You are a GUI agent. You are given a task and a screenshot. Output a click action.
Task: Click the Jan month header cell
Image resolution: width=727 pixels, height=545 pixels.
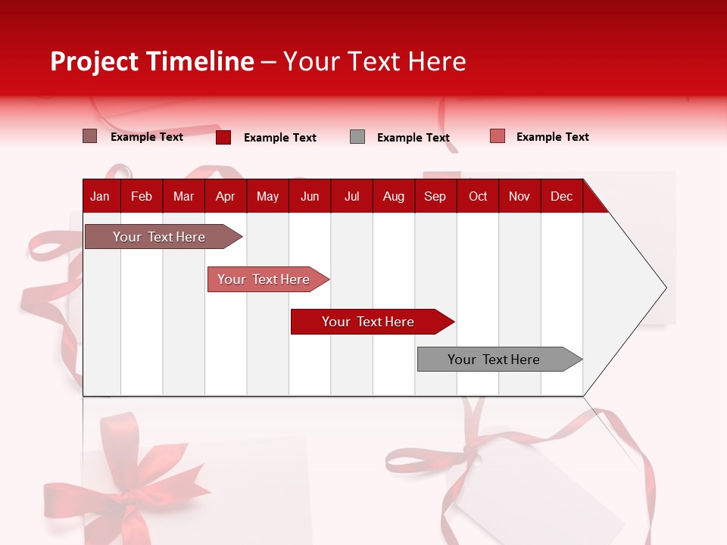(x=101, y=196)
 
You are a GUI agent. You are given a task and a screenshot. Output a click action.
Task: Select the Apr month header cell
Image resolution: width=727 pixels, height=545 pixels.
(x=226, y=196)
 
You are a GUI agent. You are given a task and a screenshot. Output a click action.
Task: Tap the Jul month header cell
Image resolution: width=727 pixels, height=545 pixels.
(x=351, y=196)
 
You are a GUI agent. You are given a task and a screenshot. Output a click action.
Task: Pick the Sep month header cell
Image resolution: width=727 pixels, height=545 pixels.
(x=435, y=196)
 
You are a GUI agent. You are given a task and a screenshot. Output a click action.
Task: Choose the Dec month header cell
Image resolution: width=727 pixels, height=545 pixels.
(x=561, y=196)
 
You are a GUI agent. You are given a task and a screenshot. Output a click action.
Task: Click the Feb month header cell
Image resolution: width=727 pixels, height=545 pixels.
(x=142, y=196)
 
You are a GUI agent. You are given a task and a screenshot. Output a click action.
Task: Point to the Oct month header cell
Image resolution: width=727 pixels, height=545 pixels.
(x=478, y=196)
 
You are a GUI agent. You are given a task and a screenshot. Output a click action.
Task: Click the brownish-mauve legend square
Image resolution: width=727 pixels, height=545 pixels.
(x=90, y=136)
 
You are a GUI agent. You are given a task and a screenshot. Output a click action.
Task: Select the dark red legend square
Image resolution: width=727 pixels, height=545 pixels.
(x=223, y=137)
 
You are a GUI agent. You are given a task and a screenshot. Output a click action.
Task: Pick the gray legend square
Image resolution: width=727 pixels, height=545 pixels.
(x=357, y=137)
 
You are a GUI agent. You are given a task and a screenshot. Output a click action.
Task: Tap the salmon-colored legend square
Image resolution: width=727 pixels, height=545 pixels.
(x=498, y=136)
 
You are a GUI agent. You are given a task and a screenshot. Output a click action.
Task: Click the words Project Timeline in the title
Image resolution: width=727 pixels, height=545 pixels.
(x=151, y=61)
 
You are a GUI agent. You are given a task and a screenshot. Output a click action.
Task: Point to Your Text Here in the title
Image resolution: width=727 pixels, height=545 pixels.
(x=374, y=61)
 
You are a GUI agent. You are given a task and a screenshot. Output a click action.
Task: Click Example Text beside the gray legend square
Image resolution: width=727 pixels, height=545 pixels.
(x=413, y=138)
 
